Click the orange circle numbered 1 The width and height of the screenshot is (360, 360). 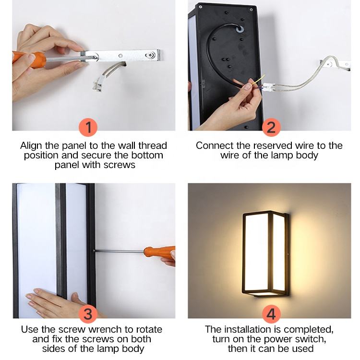[88, 127]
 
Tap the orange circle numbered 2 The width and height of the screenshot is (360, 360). [271, 127]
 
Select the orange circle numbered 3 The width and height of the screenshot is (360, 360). [88, 313]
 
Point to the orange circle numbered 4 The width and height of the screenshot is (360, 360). [271, 313]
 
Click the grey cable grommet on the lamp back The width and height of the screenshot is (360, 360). [240, 29]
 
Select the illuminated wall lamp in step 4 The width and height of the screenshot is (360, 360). [266, 254]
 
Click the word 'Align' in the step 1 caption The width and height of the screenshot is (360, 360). [31, 146]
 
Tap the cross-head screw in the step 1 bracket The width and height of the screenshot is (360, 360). [151, 55]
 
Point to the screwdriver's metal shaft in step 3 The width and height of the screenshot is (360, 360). [119, 252]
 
